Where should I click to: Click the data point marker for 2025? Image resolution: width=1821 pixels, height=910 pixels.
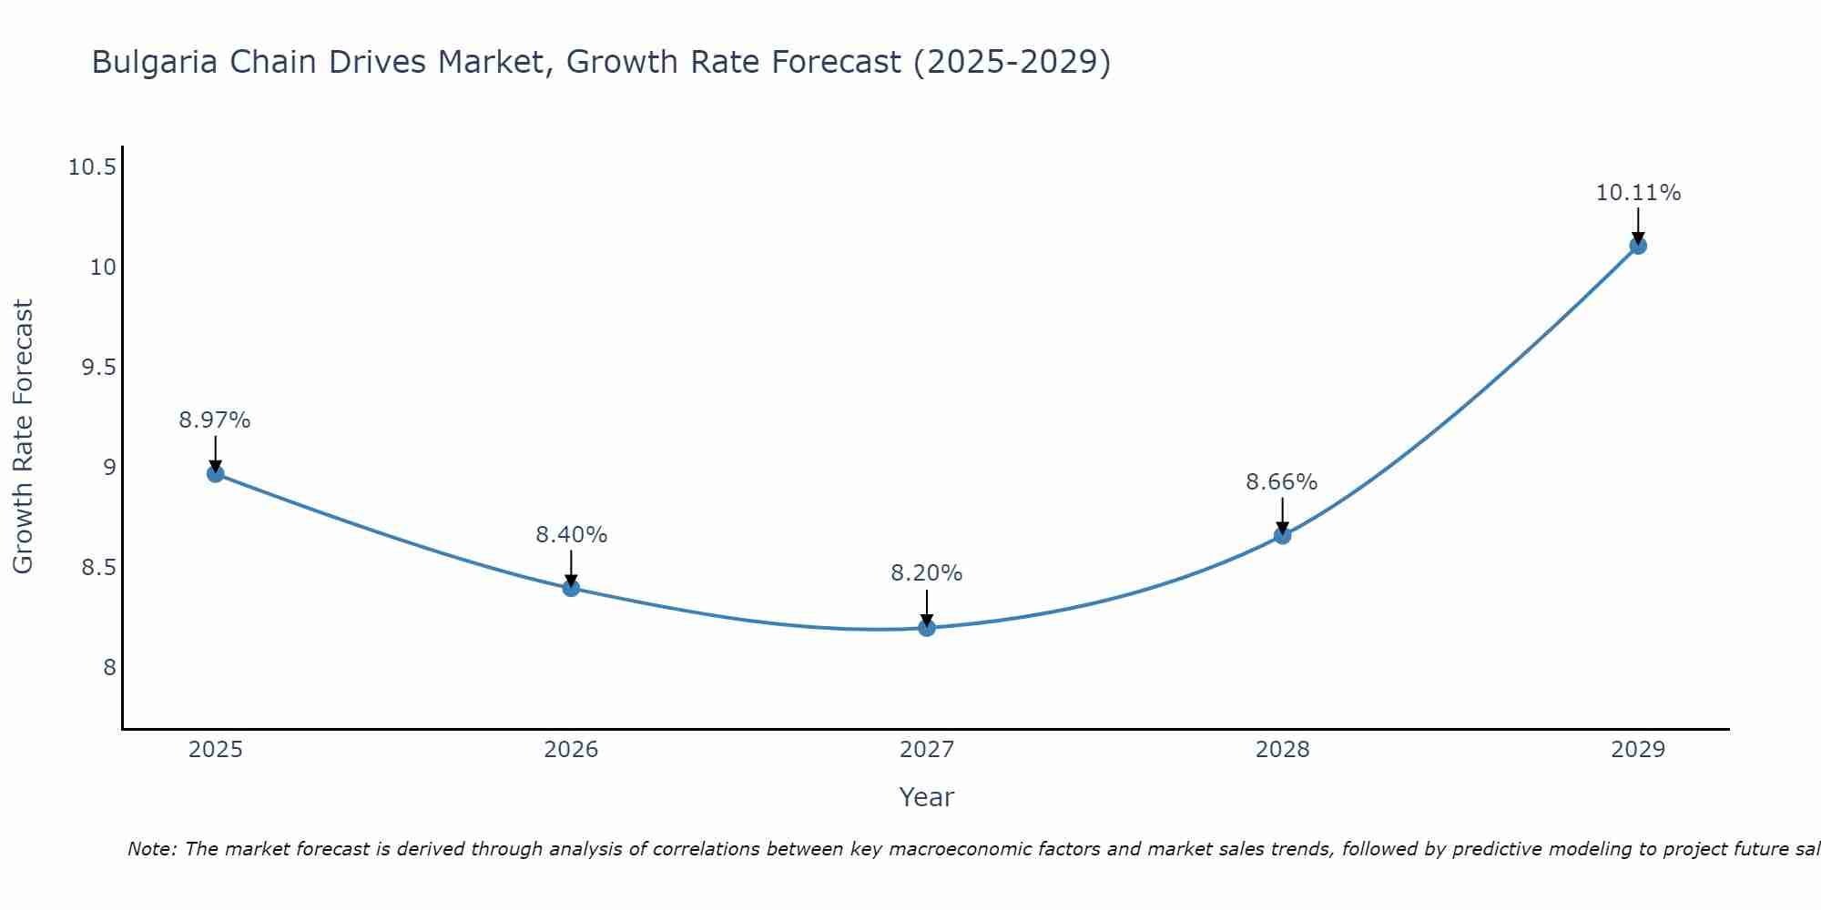click(216, 473)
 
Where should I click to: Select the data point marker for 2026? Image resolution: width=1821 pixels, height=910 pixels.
click(571, 588)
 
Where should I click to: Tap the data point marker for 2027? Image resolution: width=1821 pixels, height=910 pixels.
click(927, 628)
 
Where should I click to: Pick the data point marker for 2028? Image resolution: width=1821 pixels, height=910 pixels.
click(1282, 536)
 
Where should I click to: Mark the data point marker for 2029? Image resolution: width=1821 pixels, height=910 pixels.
click(1638, 246)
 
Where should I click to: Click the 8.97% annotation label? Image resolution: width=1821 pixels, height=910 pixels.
click(215, 420)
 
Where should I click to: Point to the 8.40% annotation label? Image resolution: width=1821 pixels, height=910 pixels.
click(571, 535)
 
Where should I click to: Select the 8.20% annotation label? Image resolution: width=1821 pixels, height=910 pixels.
click(927, 573)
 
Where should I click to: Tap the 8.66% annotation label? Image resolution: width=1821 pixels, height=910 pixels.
click(1282, 482)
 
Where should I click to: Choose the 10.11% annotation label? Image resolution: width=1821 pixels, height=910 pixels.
click(1638, 193)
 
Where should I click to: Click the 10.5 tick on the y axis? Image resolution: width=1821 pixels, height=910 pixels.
click(92, 167)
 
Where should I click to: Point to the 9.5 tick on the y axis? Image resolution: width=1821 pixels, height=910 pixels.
click(98, 368)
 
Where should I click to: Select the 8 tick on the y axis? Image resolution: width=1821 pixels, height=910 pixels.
click(109, 668)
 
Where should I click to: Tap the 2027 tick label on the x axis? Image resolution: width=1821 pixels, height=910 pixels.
click(927, 750)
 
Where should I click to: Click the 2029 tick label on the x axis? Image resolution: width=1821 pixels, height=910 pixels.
click(1638, 750)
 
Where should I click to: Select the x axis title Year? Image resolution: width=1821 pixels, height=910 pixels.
click(927, 797)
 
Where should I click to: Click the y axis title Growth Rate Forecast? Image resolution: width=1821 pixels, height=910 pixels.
click(23, 437)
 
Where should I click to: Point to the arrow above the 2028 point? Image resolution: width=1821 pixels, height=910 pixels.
click(1282, 514)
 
